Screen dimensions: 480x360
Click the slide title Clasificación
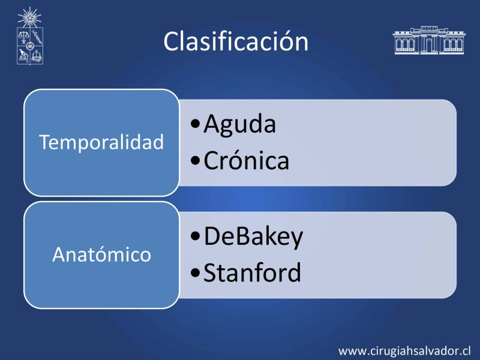tap(236, 41)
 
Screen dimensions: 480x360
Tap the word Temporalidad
tap(101, 142)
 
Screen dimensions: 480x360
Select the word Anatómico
tap(101, 254)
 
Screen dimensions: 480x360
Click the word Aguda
tap(239, 124)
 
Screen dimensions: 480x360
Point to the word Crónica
tap(247, 160)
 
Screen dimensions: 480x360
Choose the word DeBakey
tap(253, 237)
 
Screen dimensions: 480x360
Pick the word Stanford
tap(252, 272)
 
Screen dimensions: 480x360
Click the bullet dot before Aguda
tap(195, 124)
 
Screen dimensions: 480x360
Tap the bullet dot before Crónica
tap(195, 160)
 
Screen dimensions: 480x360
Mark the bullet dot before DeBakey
tap(195, 236)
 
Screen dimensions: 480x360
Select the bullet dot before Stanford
tap(195, 272)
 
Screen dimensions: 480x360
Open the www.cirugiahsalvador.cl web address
tap(404, 350)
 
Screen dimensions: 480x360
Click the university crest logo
tap(29, 36)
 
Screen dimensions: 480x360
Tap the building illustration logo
tap(428, 40)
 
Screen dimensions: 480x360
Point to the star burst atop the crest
tap(29, 17)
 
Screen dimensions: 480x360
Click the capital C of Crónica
tap(211, 160)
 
